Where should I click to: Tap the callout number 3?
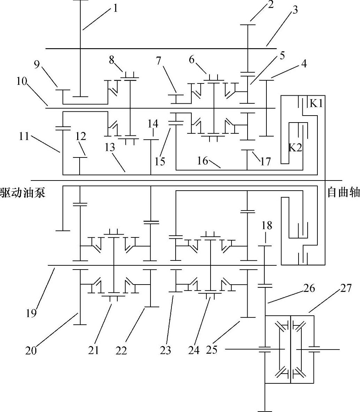point(295,10)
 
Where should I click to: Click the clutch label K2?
point(295,147)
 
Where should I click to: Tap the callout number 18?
point(267,225)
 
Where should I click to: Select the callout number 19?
point(31,313)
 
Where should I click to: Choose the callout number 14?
point(153,124)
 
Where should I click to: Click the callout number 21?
point(93,350)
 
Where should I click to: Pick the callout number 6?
point(192,60)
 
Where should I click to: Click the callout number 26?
point(309,288)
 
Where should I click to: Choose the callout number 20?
point(31,350)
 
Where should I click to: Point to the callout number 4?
point(304,64)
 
